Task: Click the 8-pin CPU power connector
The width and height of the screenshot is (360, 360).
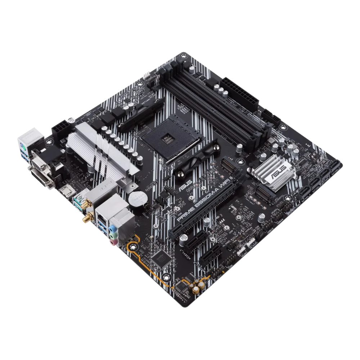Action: click(x=60, y=132)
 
